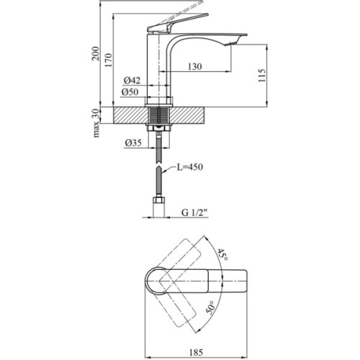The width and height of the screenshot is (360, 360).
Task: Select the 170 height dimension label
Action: pos(110,60)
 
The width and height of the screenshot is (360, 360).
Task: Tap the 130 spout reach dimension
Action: pos(194,67)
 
